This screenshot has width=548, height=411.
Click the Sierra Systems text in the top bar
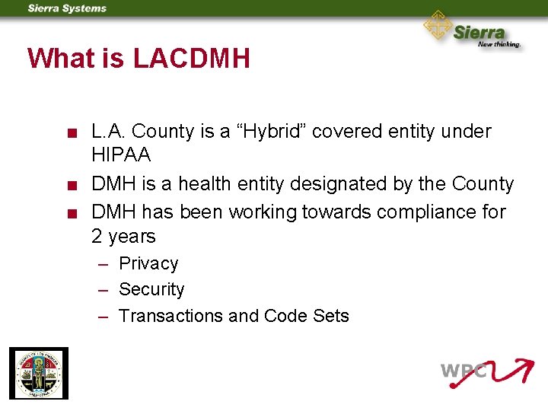click(x=67, y=8)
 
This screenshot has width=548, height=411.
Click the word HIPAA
click(x=121, y=156)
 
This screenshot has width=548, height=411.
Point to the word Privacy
click(x=148, y=264)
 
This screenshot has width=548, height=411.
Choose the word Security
click(x=151, y=290)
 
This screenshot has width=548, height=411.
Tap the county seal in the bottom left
click(x=38, y=373)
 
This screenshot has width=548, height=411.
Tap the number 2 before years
click(x=97, y=237)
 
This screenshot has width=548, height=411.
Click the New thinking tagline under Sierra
click(x=499, y=44)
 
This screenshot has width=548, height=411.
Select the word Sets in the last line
click(x=331, y=316)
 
